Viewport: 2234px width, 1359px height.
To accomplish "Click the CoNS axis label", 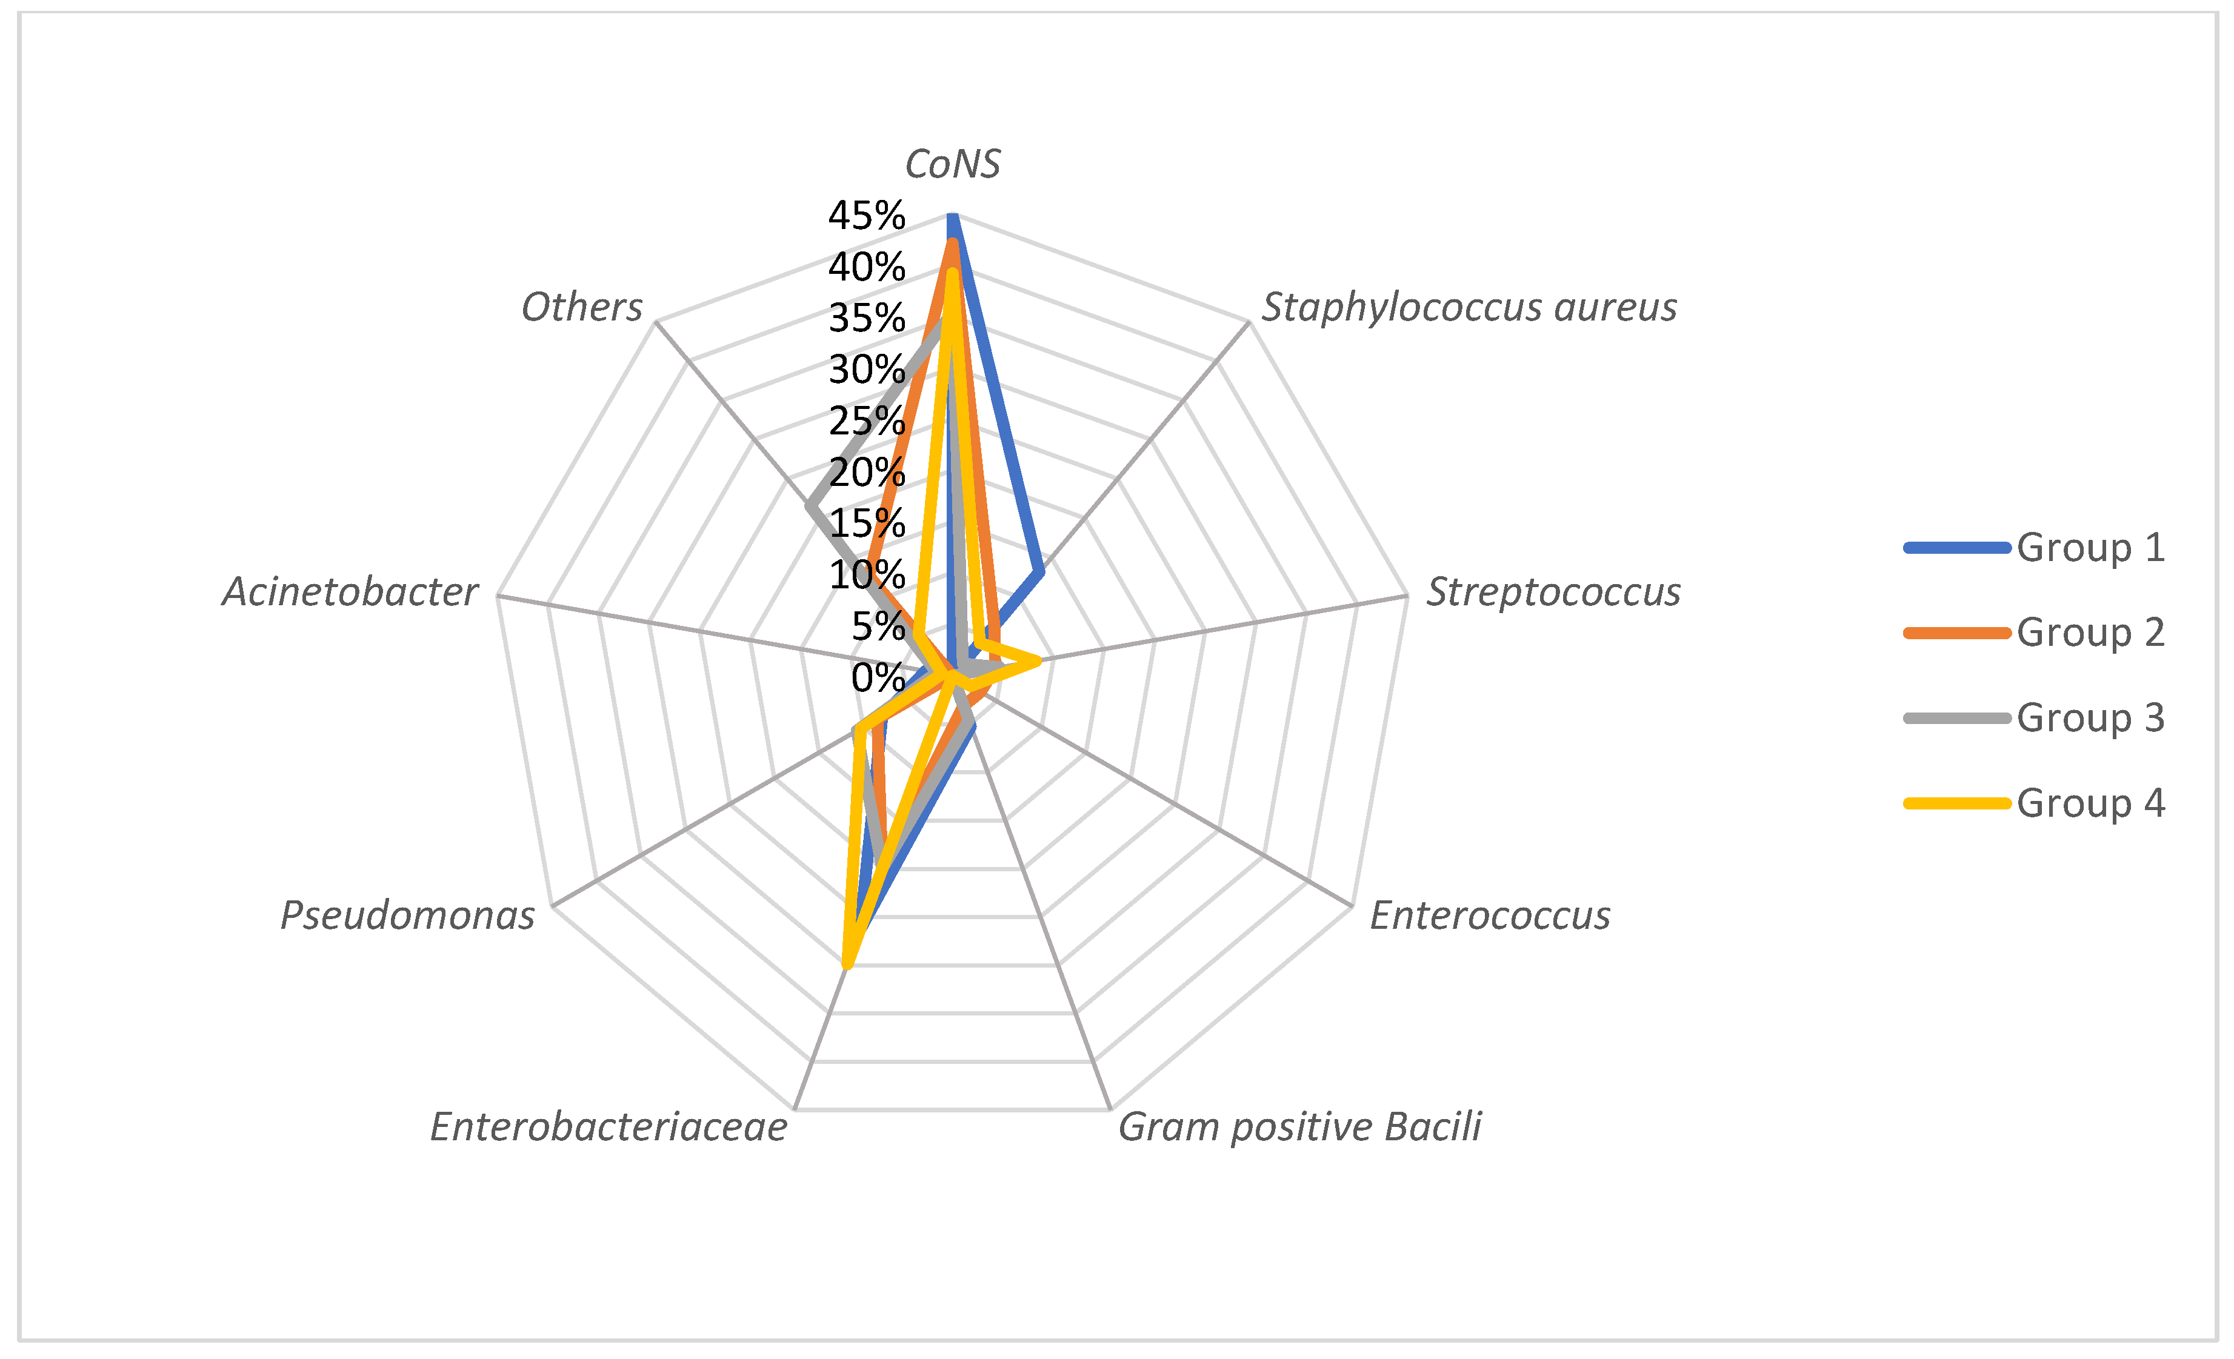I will [952, 164].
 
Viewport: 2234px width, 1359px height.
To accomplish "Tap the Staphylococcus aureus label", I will [1469, 307].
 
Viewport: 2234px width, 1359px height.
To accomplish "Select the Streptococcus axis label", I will [1553, 592].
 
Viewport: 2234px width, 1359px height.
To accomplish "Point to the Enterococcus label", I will [1490, 915].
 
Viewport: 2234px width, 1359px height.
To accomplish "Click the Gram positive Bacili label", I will [1299, 1127].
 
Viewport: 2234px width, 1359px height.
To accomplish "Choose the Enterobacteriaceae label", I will [609, 1127].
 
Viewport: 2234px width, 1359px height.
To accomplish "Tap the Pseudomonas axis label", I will [407, 915].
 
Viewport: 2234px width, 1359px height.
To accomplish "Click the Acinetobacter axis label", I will [350, 592].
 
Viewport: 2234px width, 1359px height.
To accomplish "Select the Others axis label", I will [581, 307].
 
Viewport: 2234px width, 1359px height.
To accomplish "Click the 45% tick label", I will [866, 216].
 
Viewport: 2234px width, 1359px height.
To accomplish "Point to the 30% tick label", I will [866, 370].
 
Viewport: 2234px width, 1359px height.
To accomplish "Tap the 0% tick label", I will [878, 677].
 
